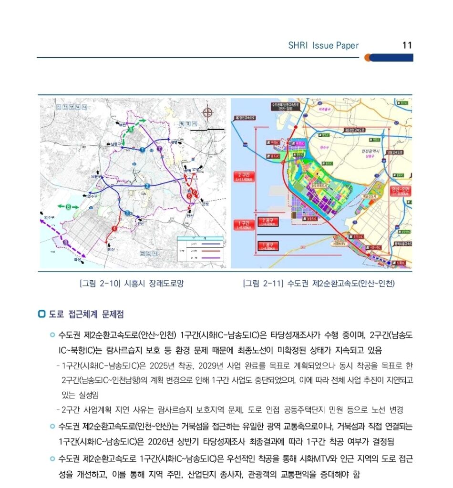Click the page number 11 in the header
click(x=407, y=46)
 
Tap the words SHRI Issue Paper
click(x=323, y=46)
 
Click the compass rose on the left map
click(x=208, y=112)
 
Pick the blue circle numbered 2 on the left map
click(x=147, y=186)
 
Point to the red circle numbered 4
click(x=114, y=229)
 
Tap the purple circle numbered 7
click(x=160, y=149)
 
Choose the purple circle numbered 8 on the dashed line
click(x=65, y=243)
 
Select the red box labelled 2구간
click(x=244, y=176)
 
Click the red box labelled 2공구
click(x=268, y=222)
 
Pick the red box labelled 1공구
click(x=268, y=246)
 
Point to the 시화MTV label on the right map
click(x=339, y=244)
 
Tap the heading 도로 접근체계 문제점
click(x=86, y=315)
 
